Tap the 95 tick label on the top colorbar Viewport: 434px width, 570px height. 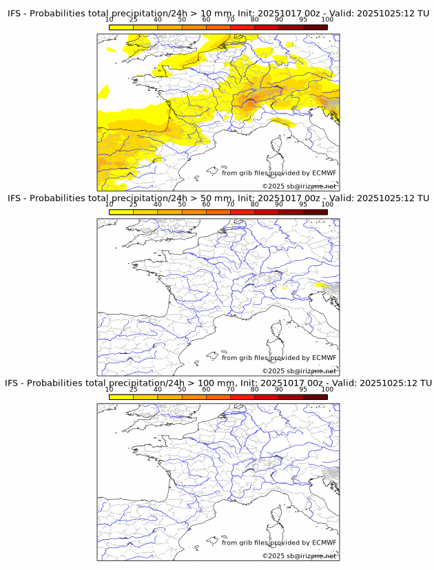tap(303, 20)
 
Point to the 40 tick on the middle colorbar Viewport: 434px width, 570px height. tap(158, 205)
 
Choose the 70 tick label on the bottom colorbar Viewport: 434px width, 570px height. tap(230, 390)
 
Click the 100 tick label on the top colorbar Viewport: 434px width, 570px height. tap(327, 20)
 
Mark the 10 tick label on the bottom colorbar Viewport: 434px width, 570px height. tap(110, 390)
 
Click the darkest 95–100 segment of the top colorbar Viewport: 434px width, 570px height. tap(315, 27)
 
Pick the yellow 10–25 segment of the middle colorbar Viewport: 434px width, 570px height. tap(121, 212)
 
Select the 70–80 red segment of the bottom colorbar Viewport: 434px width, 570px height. tap(242, 397)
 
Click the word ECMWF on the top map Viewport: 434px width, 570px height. tap(324, 173)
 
